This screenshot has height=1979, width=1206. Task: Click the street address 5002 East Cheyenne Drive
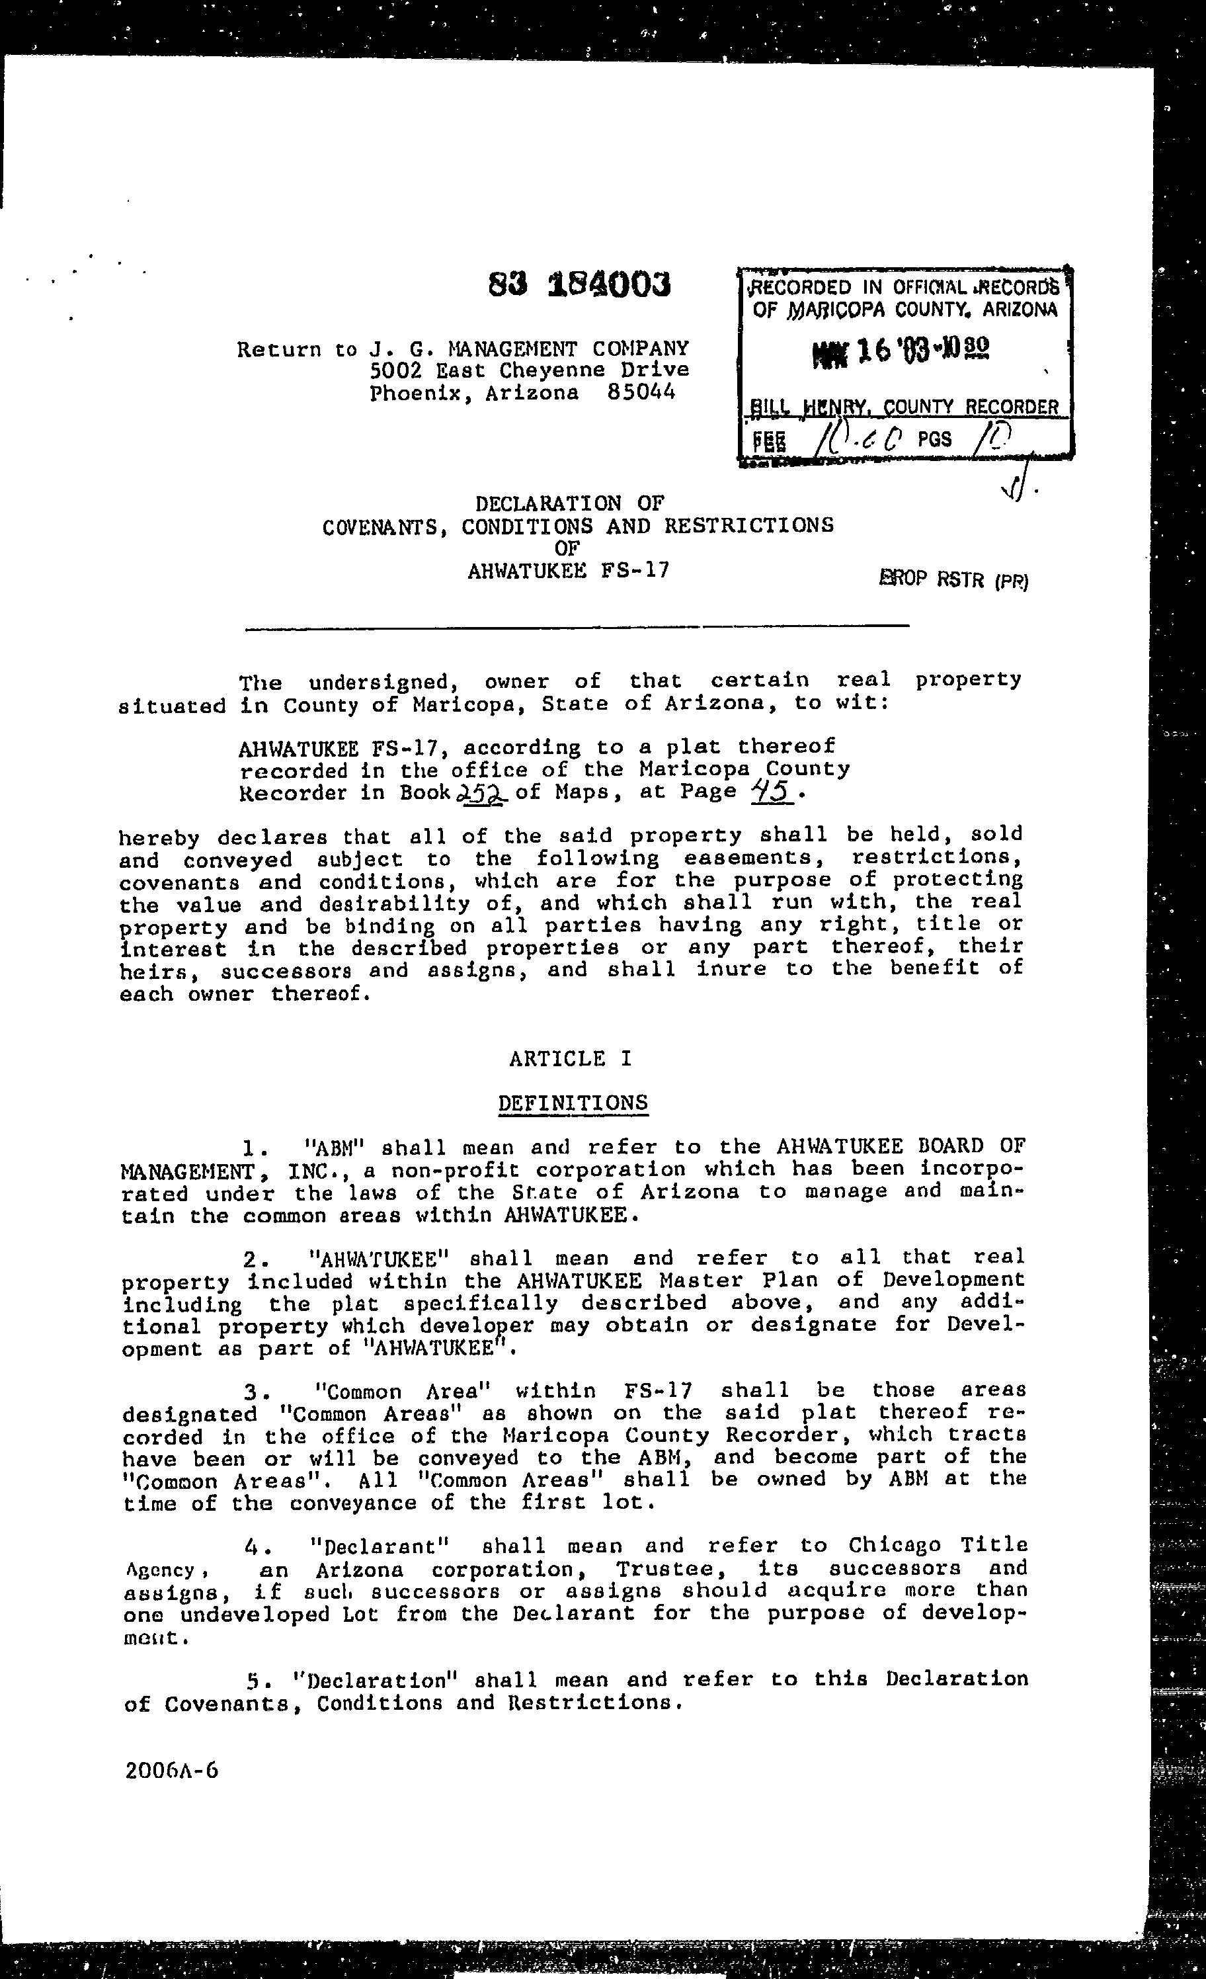pyautogui.click(x=529, y=370)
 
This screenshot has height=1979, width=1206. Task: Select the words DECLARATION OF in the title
pyautogui.click(x=570, y=503)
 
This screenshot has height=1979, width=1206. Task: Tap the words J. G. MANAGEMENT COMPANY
pyautogui.click(x=529, y=349)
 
